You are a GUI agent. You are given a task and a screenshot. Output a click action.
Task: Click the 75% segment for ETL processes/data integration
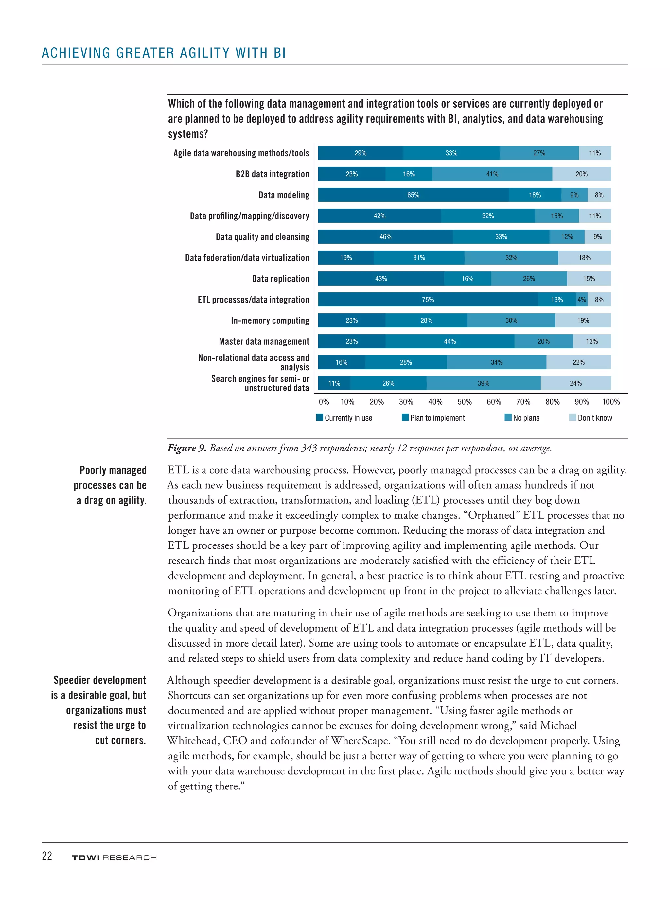point(428,300)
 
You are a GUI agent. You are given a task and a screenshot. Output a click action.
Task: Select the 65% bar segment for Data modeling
point(413,195)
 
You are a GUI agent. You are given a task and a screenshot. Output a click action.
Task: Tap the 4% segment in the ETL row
point(582,300)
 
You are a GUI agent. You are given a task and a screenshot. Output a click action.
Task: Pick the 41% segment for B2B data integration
point(492,174)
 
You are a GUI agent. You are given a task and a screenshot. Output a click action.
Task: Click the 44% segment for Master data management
point(450,341)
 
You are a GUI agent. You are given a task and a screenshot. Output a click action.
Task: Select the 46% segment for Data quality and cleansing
point(385,237)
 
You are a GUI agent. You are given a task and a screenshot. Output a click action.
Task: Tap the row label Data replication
point(280,279)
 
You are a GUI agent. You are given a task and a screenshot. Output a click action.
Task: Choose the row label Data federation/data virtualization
point(247,258)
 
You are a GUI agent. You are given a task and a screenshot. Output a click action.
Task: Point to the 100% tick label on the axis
point(610,402)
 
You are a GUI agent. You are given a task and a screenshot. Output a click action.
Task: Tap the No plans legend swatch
point(508,418)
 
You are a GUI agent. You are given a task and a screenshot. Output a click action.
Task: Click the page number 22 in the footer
point(47,856)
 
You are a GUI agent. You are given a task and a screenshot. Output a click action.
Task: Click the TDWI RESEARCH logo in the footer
point(114,857)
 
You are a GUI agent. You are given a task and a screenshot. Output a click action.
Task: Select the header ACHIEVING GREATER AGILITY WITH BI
point(164,53)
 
